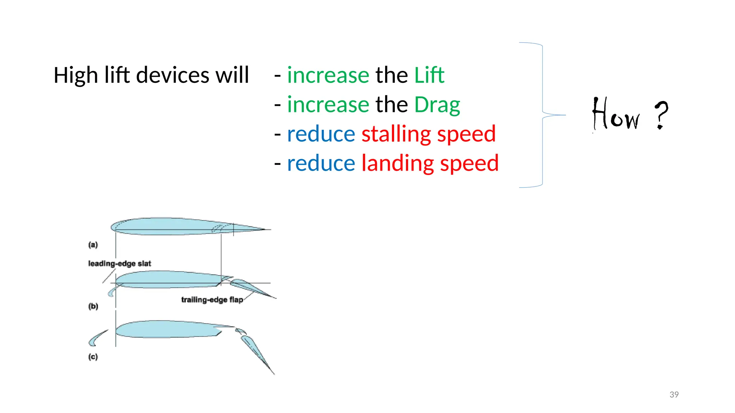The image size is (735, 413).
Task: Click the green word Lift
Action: (429, 75)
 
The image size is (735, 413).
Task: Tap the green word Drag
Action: (437, 105)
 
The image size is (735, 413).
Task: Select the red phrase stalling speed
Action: (428, 134)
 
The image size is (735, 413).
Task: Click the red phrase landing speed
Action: (430, 163)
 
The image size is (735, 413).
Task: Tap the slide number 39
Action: (674, 394)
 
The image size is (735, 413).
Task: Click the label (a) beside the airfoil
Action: (93, 245)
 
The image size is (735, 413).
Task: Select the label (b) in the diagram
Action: (93, 306)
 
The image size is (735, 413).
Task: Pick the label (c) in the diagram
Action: (93, 357)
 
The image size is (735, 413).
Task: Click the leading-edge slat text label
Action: (120, 264)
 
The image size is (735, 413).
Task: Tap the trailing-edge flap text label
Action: (212, 300)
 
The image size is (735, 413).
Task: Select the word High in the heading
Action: (76, 75)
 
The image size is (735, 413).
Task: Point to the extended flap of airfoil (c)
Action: (257, 353)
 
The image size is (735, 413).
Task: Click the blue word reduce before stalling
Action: (321, 134)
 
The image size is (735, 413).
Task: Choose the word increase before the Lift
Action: (328, 75)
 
